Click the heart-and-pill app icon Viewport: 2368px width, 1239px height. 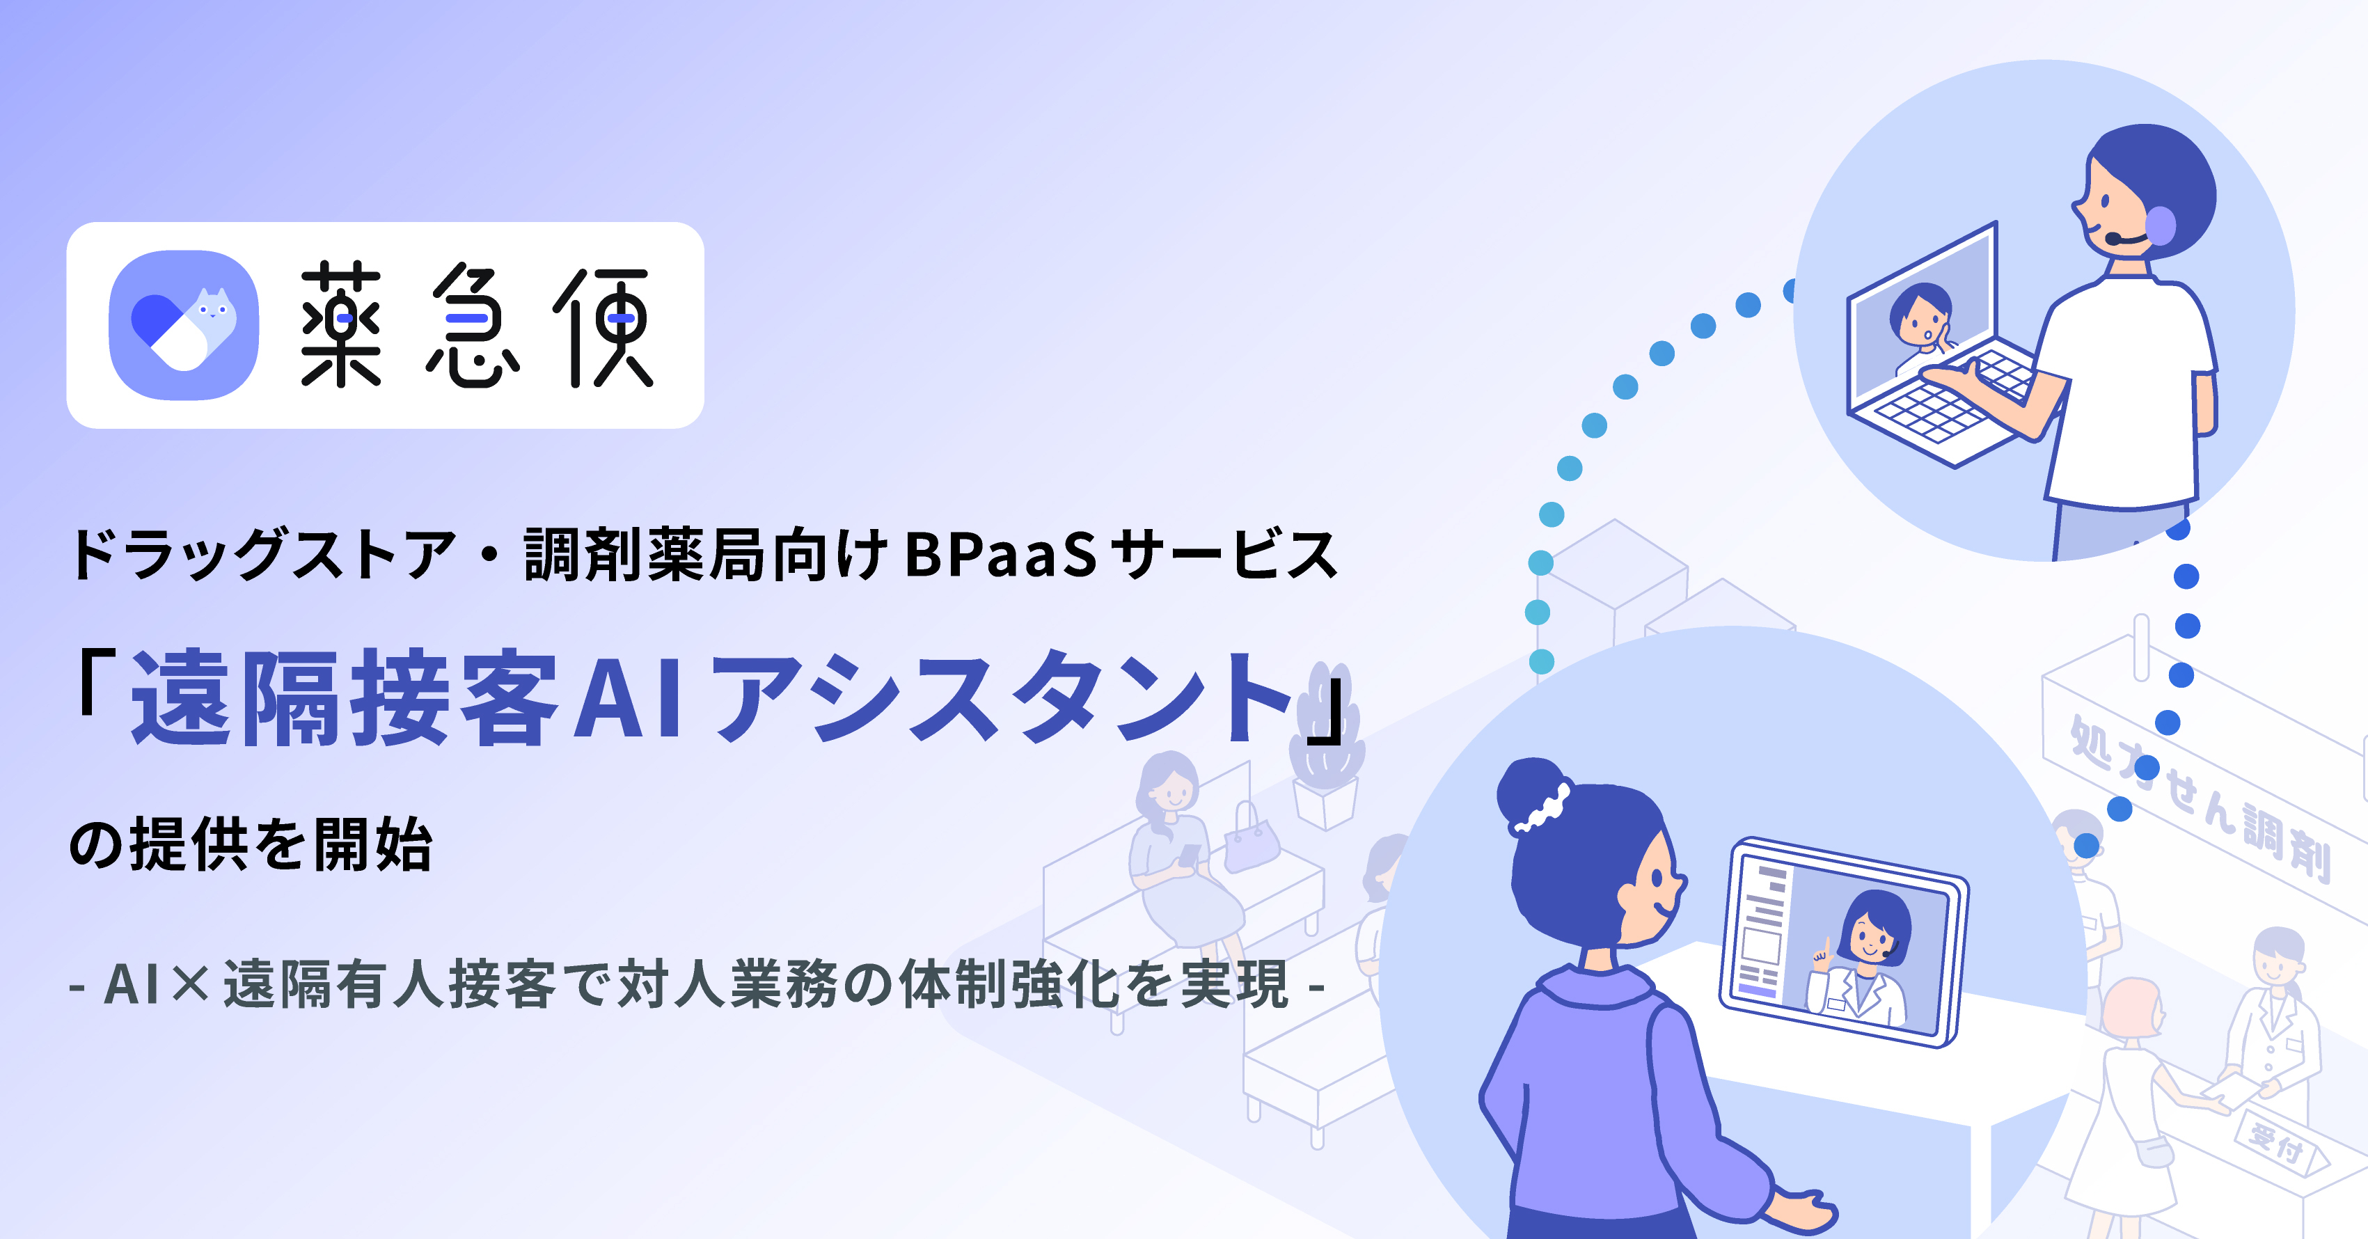click(184, 325)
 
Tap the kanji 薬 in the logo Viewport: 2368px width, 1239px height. click(341, 324)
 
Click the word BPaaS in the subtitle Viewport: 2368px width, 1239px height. click(1000, 555)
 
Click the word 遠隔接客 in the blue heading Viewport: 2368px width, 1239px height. click(344, 696)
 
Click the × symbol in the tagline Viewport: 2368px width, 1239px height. click(191, 984)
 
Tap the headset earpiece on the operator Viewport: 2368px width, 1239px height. click(2161, 226)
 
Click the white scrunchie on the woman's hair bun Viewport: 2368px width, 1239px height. click(1543, 806)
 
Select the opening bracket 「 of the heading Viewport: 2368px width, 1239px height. click(97, 683)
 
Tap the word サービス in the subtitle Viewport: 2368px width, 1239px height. click(1222, 555)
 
